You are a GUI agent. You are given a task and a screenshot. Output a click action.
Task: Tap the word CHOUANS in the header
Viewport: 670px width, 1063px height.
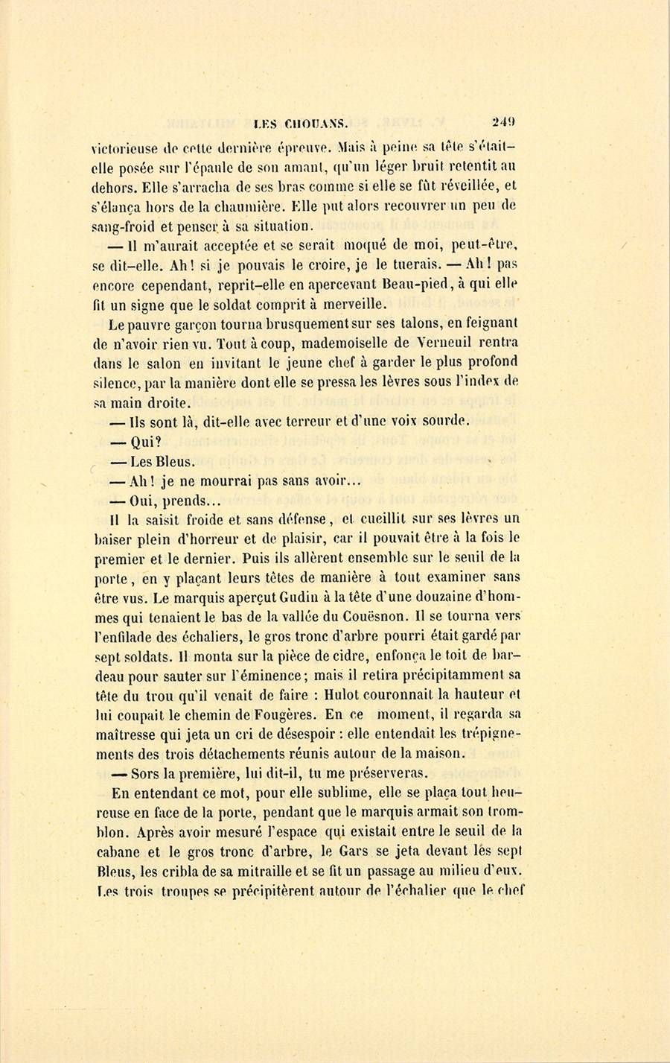pyautogui.click(x=312, y=125)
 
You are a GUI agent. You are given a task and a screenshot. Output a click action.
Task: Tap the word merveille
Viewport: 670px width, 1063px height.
pyautogui.click(x=351, y=304)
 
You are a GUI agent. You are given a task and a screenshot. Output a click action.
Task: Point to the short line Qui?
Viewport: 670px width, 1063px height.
pyautogui.click(x=146, y=442)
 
